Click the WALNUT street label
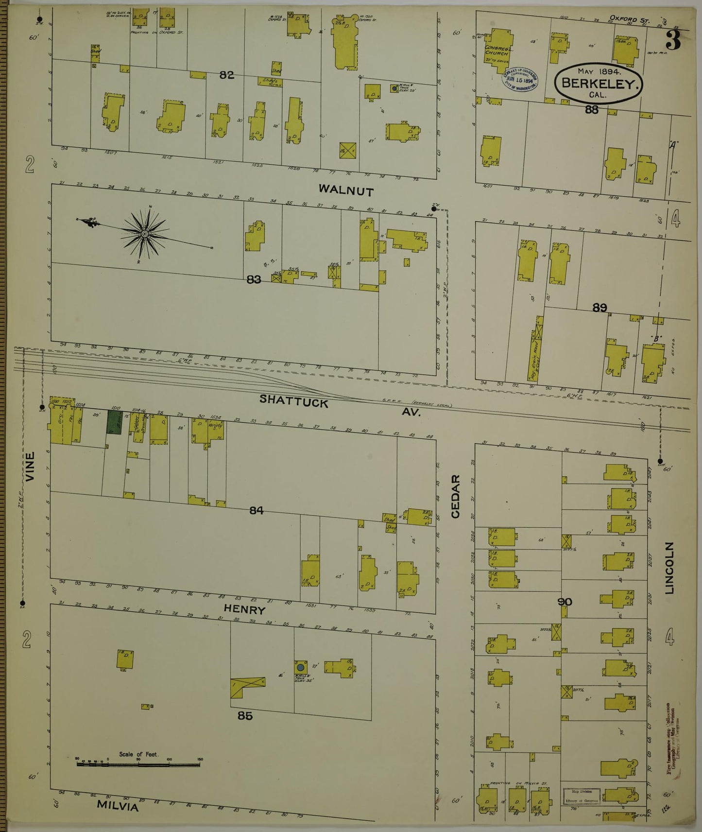(x=346, y=191)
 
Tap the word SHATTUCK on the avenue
(x=294, y=401)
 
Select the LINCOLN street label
(x=670, y=568)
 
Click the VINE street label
(x=31, y=467)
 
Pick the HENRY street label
(x=244, y=609)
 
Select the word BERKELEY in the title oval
(x=599, y=83)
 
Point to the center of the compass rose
(x=144, y=234)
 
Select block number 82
(x=226, y=75)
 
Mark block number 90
(x=565, y=602)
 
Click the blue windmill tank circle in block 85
(x=301, y=668)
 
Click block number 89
(x=599, y=307)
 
